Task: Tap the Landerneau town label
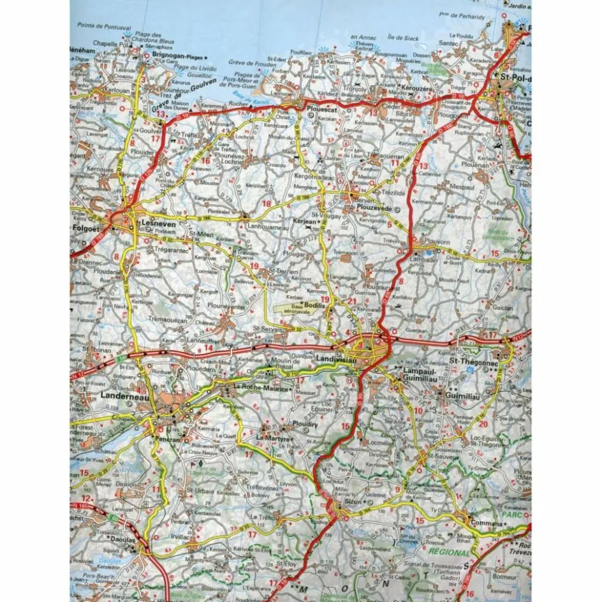tap(123, 396)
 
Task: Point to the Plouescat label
tap(322, 109)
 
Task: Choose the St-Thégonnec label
tap(472, 361)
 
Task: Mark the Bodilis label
tap(314, 306)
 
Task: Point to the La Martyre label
tap(274, 439)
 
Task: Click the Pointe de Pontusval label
tap(104, 27)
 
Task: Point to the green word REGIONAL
tap(448, 552)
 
